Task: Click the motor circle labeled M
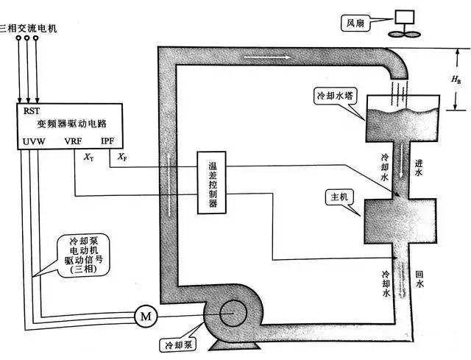pyautogui.click(x=145, y=316)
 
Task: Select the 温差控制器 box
pyautogui.click(x=212, y=183)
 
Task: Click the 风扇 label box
pyautogui.click(x=355, y=23)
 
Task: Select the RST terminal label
pyautogui.click(x=32, y=111)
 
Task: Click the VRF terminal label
pyautogui.click(x=74, y=141)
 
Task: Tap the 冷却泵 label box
pyautogui.click(x=176, y=343)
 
